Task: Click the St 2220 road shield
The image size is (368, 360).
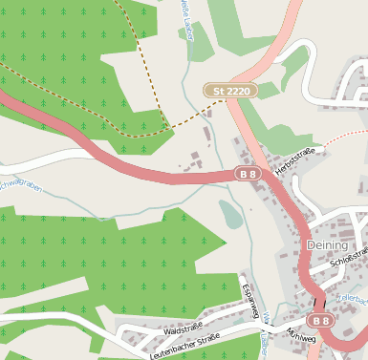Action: [x=230, y=91]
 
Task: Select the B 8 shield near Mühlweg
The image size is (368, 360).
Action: [x=321, y=321]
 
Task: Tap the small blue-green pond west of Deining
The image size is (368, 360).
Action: [x=230, y=214]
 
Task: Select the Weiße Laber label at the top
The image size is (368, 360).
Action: [x=187, y=19]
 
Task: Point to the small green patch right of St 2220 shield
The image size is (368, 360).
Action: [x=269, y=90]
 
